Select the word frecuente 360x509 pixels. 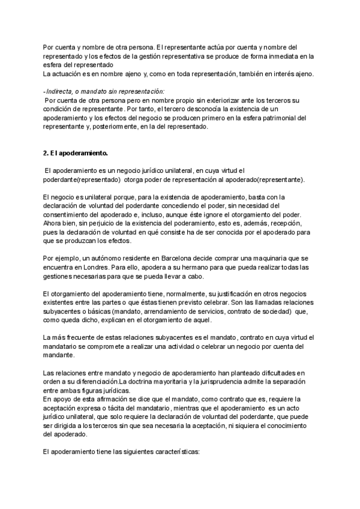(80, 338)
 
